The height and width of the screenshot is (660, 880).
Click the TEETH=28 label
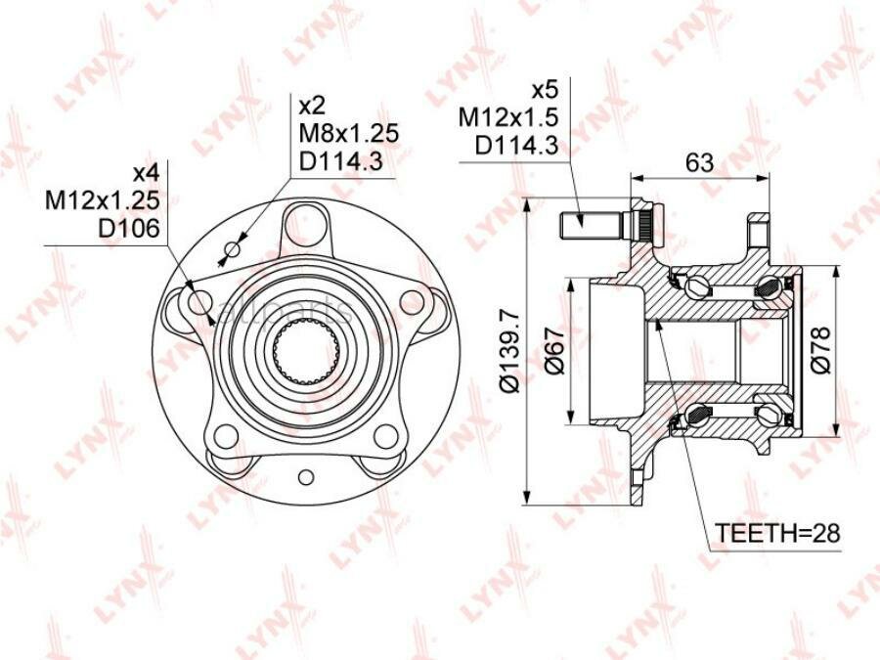tap(777, 533)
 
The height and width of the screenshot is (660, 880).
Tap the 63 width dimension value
tap(700, 162)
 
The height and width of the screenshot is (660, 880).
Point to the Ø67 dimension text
tap(554, 350)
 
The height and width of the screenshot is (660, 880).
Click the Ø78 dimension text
tap(820, 350)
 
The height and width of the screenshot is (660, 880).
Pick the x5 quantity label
tap(545, 90)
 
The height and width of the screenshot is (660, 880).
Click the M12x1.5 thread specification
tap(508, 118)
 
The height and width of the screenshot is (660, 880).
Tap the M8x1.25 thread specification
tap(348, 134)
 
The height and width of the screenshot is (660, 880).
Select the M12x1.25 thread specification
tap(103, 200)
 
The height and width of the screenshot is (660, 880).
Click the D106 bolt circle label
tap(129, 228)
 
